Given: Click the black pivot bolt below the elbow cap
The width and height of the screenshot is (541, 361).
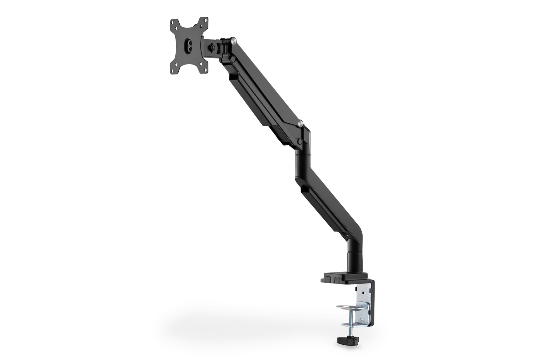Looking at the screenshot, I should click(300, 142).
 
